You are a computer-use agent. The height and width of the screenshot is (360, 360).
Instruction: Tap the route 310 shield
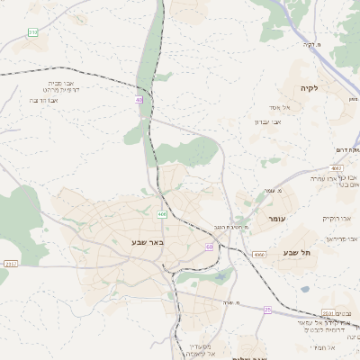pyautogui.click(x=33, y=32)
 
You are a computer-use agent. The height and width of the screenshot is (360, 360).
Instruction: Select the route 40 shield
pyautogui.click(x=139, y=101)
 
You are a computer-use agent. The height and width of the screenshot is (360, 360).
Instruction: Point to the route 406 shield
pyautogui.click(x=162, y=214)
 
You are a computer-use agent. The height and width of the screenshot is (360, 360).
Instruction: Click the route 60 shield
pyautogui.click(x=210, y=247)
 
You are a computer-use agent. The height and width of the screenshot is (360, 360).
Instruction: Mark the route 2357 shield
pyautogui.click(x=11, y=264)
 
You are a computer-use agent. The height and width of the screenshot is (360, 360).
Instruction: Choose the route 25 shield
pyautogui.click(x=267, y=309)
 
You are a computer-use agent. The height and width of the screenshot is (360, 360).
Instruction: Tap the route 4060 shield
pyautogui.click(x=260, y=255)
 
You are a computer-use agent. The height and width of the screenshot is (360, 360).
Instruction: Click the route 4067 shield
pyautogui.click(x=337, y=167)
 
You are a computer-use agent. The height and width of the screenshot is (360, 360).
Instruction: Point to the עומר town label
pyautogui.click(x=275, y=219)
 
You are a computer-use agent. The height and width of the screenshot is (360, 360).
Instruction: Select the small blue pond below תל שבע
pyautogui.click(x=305, y=290)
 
